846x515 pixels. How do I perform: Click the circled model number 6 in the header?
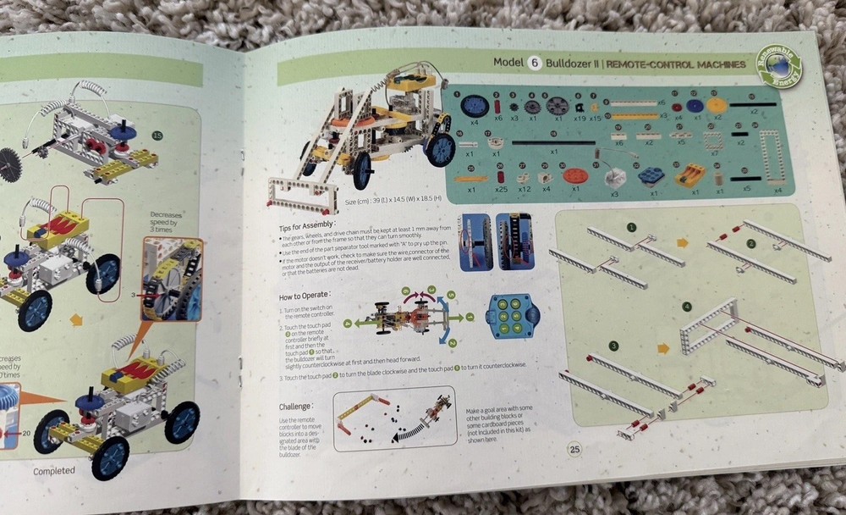[x=535, y=64]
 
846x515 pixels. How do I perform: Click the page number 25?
[x=574, y=448]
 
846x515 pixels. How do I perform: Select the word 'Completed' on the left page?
[x=54, y=470]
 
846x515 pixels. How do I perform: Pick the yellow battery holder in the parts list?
[x=692, y=175]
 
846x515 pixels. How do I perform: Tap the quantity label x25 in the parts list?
[x=503, y=188]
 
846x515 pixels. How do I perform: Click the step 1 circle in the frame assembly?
[x=631, y=227]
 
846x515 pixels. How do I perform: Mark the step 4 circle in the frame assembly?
[x=686, y=306]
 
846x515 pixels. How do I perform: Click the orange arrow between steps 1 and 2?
[x=683, y=242]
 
